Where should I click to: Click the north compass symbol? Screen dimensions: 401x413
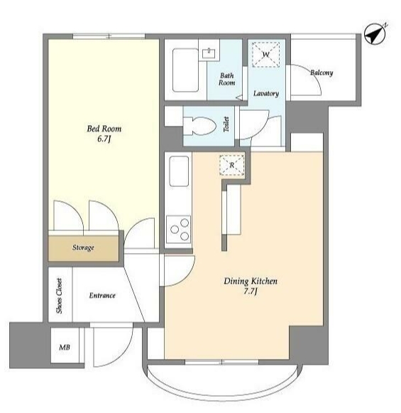coord(375,34)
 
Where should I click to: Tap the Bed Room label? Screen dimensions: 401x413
coord(104,129)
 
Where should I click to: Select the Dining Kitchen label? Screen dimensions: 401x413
coord(251,281)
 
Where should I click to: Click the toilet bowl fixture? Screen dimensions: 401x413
coord(199,126)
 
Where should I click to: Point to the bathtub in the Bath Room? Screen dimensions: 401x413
coord(185,70)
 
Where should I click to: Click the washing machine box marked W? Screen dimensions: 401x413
coord(266,55)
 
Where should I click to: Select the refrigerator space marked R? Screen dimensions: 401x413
coord(231,165)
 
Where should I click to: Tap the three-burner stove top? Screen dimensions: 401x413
coord(179,229)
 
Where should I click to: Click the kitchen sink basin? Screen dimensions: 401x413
coord(179,171)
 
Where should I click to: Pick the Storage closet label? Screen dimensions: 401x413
coord(83,247)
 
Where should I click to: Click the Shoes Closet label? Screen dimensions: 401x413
coord(59,296)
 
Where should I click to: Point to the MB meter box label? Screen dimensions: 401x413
coord(65,348)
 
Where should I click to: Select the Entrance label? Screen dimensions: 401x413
coord(102,296)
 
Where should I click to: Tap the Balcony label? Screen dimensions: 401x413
coord(322,73)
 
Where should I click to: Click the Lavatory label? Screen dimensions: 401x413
coord(266,94)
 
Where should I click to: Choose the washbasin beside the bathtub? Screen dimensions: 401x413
coord(209,53)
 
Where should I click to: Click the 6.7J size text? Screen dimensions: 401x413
coord(104,139)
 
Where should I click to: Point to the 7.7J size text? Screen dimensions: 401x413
coord(251,291)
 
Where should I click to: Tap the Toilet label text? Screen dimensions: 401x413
coord(226,124)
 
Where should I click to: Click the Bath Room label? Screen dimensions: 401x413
coord(226,79)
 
